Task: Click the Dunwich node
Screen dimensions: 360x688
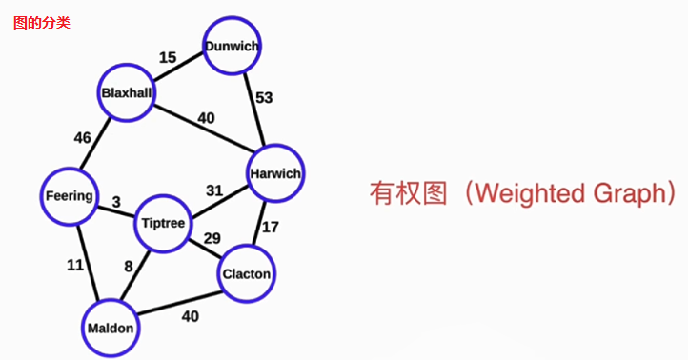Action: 231,46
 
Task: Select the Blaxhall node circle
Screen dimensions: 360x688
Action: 129,93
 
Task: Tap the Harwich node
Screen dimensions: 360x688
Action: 274,173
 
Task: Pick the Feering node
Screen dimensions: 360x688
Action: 70,196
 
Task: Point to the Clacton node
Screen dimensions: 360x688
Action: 247,274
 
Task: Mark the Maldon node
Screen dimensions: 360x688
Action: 111,328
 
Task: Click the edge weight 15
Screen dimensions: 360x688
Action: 168,58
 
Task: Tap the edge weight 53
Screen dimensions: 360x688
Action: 264,98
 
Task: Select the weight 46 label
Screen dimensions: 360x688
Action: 83,138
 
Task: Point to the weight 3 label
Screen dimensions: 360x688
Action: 115,202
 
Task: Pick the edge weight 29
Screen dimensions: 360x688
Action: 212,238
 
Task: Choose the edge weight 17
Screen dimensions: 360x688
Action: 271,227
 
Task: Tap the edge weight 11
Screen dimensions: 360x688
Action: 75,266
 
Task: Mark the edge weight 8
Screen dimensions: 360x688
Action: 129,267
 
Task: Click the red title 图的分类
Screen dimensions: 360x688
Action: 41,22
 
